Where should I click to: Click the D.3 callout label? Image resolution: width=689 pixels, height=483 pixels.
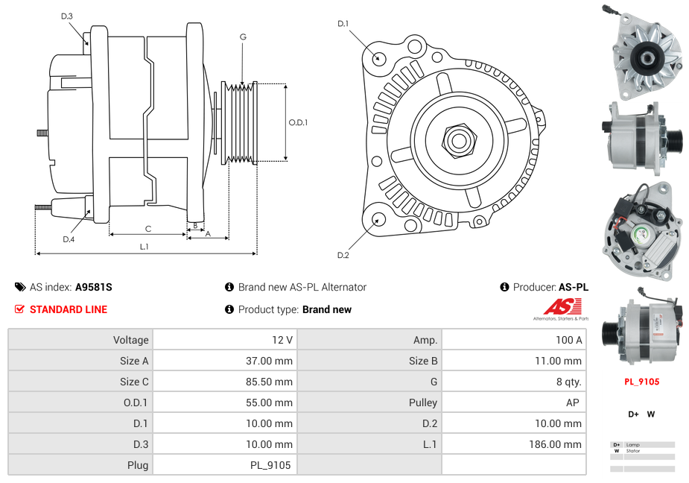click(67, 16)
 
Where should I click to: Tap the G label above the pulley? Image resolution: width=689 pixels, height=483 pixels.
click(243, 37)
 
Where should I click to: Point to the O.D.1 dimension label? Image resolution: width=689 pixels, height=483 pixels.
click(298, 123)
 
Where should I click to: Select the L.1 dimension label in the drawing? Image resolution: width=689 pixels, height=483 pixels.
click(145, 246)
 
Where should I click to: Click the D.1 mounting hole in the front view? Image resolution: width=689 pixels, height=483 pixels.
click(379, 58)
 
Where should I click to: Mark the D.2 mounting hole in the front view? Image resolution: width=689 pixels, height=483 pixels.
click(378, 219)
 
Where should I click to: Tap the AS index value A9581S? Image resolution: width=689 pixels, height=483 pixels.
click(94, 287)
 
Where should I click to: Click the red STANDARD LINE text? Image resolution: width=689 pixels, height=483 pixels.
click(69, 309)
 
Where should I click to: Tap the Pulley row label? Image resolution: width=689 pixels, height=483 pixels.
click(423, 402)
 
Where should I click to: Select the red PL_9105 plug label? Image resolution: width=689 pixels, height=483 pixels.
click(641, 382)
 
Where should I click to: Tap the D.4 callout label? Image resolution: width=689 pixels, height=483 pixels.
click(69, 239)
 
